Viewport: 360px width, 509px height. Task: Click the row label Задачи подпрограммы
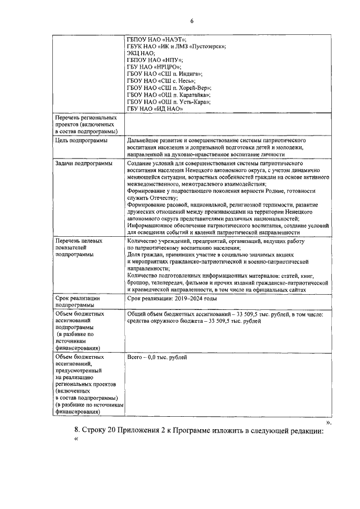(83, 163)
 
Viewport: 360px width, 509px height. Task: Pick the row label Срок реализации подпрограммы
(78, 301)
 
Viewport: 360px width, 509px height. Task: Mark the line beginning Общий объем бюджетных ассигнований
(225, 313)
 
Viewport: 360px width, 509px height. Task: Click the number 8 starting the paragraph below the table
(77, 431)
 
